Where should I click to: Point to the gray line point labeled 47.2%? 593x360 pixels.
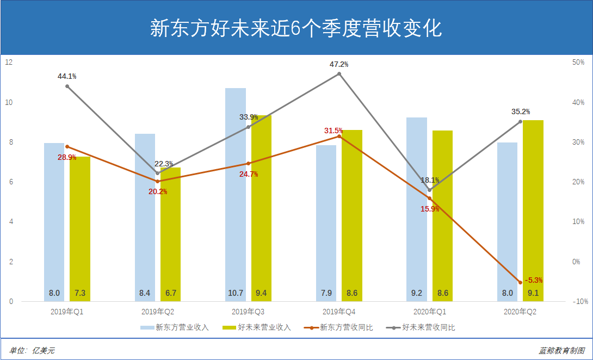pos(339,74)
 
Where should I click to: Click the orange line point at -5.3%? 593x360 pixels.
pos(520,282)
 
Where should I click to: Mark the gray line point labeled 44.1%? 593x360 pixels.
pos(67,86)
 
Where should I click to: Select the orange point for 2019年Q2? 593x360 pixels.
pos(158,181)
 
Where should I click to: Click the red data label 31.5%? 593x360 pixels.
pos(333,131)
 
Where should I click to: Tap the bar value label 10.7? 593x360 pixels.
pos(236,293)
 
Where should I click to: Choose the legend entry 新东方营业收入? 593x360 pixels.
pos(175,327)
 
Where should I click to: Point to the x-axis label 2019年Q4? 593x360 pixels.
pos(339,312)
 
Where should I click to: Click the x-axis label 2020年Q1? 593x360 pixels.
pos(429,312)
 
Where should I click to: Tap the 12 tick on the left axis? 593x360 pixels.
pos(9,63)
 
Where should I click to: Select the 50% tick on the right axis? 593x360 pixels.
pos(578,63)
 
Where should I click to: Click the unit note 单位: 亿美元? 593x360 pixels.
pos(32,351)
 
